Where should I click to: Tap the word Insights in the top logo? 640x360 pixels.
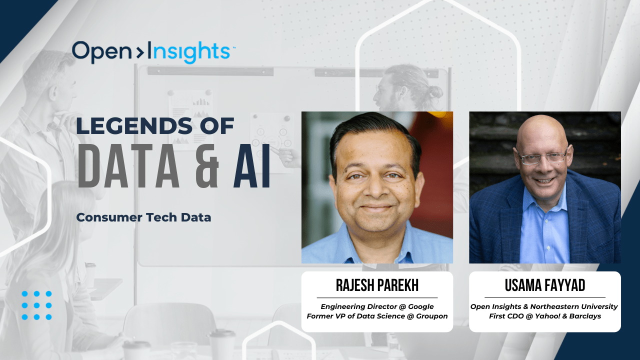(x=189, y=52)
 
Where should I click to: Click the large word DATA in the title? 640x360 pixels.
(x=128, y=166)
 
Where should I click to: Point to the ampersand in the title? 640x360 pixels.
(x=207, y=166)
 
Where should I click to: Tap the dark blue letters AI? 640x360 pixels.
(x=251, y=166)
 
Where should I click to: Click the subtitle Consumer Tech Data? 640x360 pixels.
(x=143, y=217)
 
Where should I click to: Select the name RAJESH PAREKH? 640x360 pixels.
(x=377, y=285)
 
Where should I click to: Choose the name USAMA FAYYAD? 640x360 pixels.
(x=545, y=285)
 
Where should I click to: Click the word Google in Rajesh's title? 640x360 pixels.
(x=421, y=307)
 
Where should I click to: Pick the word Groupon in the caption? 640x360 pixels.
(x=431, y=316)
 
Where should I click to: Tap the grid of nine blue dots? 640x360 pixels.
(x=36, y=305)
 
